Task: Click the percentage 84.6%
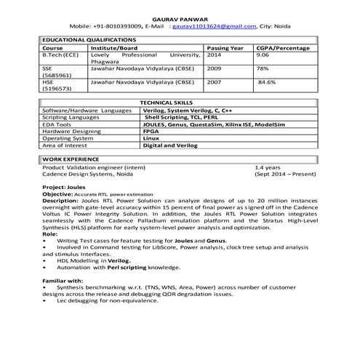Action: [267, 82]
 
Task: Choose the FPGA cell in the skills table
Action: [151, 130]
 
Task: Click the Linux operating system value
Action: [151, 137]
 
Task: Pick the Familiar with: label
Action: [63, 280]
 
